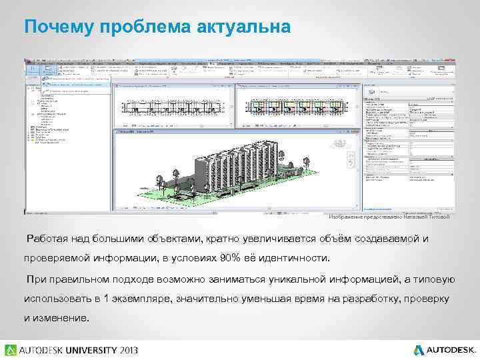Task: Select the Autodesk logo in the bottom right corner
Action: tap(445, 349)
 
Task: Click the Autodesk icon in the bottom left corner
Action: tap(11, 349)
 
